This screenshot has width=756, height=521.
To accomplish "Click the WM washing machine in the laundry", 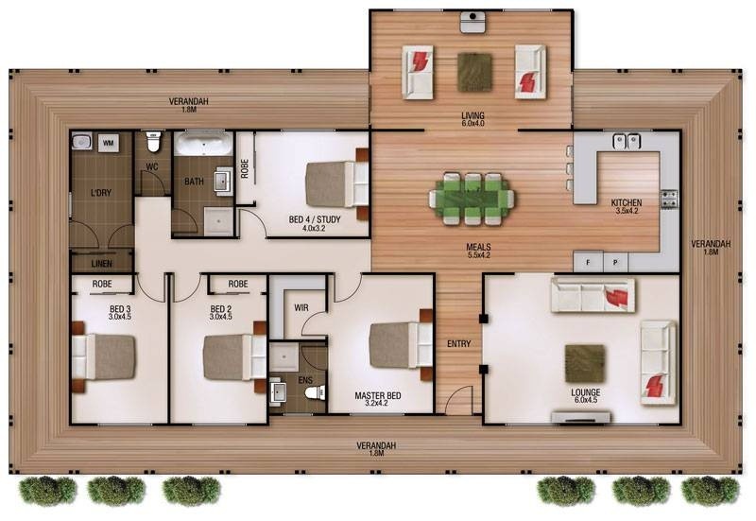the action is (109, 143).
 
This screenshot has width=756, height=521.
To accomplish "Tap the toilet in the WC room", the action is (153, 141).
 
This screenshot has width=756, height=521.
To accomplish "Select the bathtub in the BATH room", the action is (203, 145).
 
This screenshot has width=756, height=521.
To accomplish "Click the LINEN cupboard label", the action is (102, 264).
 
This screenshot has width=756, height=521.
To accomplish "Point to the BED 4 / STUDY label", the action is (315, 219).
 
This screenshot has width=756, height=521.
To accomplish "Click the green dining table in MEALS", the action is (472, 199).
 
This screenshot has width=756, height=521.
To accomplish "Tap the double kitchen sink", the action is (626, 141).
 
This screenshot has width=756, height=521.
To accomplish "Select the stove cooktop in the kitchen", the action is (668, 200).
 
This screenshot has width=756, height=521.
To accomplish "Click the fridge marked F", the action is (588, 263).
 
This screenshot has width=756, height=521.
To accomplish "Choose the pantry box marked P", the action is (616, 263).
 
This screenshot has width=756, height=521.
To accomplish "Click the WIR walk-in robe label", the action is (301, 307).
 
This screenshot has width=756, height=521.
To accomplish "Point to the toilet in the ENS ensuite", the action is (315, 392).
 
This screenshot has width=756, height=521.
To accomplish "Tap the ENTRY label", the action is (458, 344).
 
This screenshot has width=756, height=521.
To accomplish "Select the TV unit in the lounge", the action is (581, 417).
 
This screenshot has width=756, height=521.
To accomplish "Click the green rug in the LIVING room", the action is (474, 73).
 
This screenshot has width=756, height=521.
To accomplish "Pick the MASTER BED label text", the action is (377, 396).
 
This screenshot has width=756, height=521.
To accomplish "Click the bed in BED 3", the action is (103, 357).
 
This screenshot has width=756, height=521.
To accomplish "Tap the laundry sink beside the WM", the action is (81, 142).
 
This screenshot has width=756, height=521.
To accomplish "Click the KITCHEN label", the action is (627, 202).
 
